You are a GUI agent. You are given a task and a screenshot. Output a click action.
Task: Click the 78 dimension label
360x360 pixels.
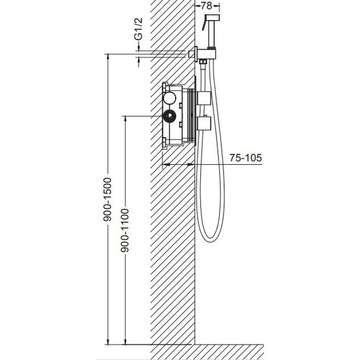207,6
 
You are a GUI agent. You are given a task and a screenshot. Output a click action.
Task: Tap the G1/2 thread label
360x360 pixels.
139,29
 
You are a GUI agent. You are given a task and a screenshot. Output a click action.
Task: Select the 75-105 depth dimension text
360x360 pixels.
246,158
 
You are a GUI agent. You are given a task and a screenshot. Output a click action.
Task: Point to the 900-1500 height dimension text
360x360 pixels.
107,200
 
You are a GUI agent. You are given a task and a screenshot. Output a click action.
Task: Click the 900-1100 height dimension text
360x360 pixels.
125,231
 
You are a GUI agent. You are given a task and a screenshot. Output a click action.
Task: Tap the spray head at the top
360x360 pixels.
212,18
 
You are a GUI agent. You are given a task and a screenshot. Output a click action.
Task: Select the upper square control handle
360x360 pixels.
204,98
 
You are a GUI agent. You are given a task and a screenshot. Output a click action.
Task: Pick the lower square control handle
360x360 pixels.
204,124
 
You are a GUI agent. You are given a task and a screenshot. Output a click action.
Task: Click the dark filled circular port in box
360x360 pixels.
169,116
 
